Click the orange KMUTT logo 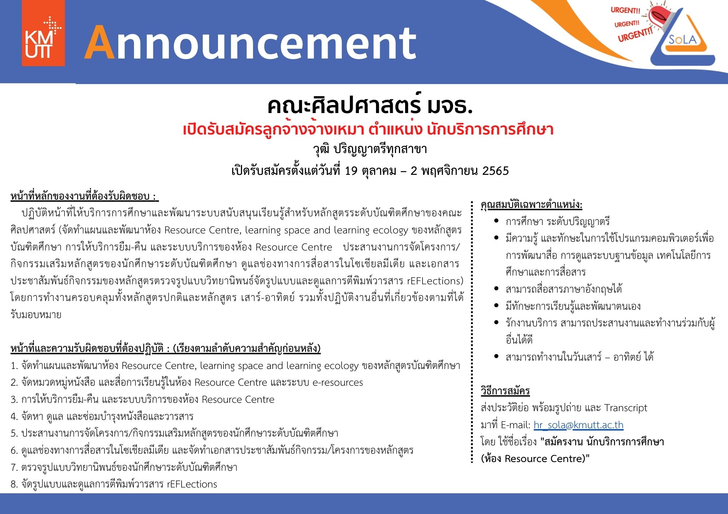click(43, 33)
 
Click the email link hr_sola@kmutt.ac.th click(578, 425)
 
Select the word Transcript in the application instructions click(626, 408)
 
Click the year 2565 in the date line click(495, 170)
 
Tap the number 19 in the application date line click(351, 170)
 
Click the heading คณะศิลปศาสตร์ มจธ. click(370, 105)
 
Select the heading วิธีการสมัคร click(505, 391)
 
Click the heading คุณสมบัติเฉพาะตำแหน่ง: click(531, 205)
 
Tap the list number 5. click(14, 433)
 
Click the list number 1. click(14, 366)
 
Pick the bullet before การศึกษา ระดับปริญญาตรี click(496, 221)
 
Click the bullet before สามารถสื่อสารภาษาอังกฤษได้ click(496, 288)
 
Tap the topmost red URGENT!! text click(625, 10)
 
